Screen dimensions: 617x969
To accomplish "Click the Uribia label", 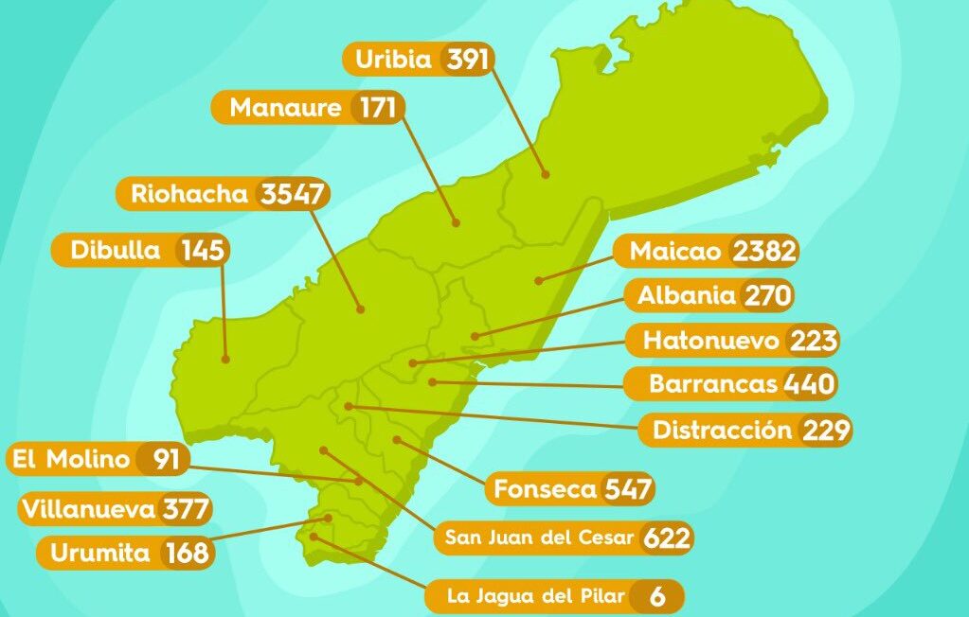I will coord(393,60).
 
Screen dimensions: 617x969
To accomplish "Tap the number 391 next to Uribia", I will coord(467,60).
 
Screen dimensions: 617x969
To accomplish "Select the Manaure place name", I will coord(285,108).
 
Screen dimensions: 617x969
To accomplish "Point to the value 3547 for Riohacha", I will coord(293,194).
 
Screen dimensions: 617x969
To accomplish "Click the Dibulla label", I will coord(116,251).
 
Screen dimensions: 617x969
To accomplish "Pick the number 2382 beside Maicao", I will coord(764,252).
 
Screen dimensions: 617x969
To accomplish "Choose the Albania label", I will coord(687,295).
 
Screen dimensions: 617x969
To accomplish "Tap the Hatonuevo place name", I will coord(710,339).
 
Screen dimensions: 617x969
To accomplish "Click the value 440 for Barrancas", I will coord(809,384).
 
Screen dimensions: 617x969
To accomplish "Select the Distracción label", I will coord(722,430).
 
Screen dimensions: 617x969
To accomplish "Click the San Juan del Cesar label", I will coord(539,538).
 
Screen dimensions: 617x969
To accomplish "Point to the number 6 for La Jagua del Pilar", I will coord(657,597).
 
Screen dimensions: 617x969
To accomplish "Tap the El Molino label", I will coord(70,460).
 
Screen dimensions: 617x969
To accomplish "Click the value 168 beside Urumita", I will coord(187,553).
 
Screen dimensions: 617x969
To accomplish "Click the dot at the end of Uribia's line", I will coord(546,173).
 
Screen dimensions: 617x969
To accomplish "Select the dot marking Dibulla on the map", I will coord(226,359).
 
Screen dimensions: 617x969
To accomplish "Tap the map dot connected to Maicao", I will coord(537,280).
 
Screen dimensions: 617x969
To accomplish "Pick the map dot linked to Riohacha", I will coord(361,308).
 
